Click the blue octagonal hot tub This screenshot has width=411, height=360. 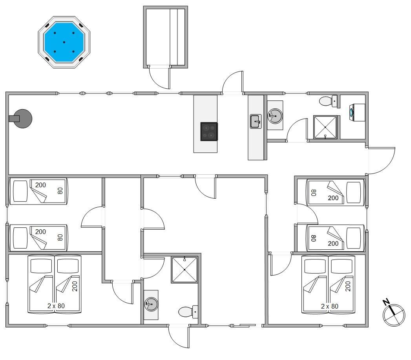point(64,42)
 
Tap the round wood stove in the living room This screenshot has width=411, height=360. point(22,119)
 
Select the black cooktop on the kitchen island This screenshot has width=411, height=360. point(209,132)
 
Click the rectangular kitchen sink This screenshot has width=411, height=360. point(256,121)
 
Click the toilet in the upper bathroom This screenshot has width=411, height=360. point(328,101)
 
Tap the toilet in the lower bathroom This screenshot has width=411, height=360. point(188,312)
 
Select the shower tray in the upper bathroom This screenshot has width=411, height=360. point(325,127)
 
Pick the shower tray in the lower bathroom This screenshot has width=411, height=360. point(184,270)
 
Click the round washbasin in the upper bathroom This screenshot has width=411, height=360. point(275,116)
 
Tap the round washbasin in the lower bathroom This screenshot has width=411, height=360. point(151,304)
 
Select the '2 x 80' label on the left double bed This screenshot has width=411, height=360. point(56,306)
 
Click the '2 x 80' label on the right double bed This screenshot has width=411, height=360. point(329,306)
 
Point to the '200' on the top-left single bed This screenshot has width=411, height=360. point(40,185)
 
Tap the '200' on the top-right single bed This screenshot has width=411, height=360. point(333,198)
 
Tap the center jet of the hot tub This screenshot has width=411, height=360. point(64,42)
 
